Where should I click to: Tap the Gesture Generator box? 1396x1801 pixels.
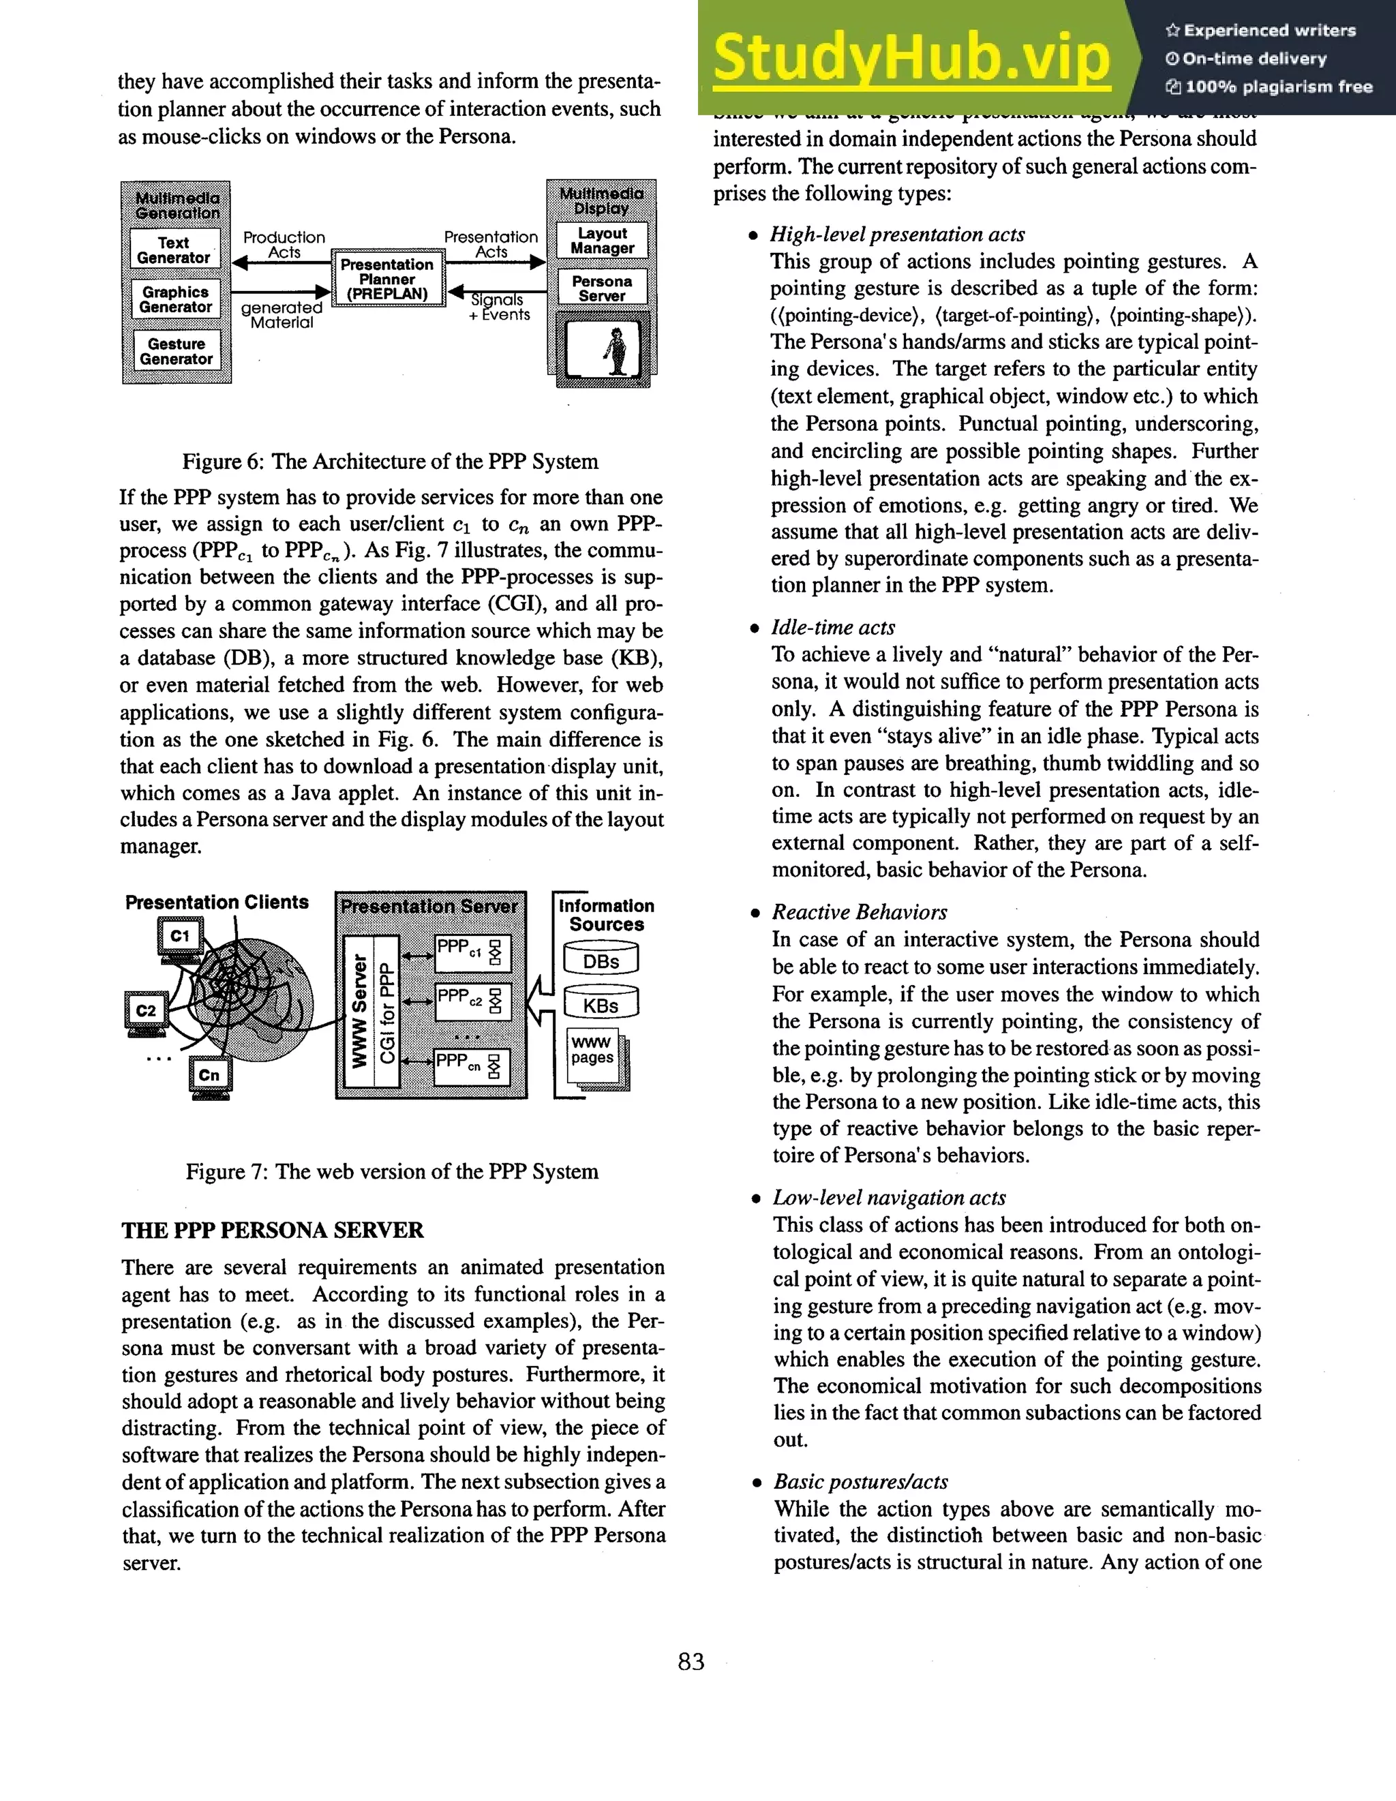pyautogui.click(x=176, y=351)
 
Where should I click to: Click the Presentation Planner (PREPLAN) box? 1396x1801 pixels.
pyautogui.click(x=386, y=279)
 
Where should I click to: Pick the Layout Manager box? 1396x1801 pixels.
pyautogui.click(x=602, y=241)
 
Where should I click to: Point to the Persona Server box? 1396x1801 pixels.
pyautogui.click(x=602, y=288)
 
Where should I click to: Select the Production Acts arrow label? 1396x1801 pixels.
pyautogui.click(x=284, y=244)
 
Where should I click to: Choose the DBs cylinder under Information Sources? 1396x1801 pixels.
pyautogui.click(x=601, y=960)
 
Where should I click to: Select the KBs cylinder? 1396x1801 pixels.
pyautogui.click(x=601, y=1004)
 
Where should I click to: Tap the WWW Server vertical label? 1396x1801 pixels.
pyautogui.click(x=359, y=1011)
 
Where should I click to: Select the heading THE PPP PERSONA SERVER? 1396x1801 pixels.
pyautogui.click(x=272, y=1230)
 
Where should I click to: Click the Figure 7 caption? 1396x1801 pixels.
pyautogui.click(x=392, y=1171)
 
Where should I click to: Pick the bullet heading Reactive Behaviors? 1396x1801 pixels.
pyautogui.click(x=859, y=912)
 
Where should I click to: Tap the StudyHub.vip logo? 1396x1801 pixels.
pyautogui.click(x=911, y=57)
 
